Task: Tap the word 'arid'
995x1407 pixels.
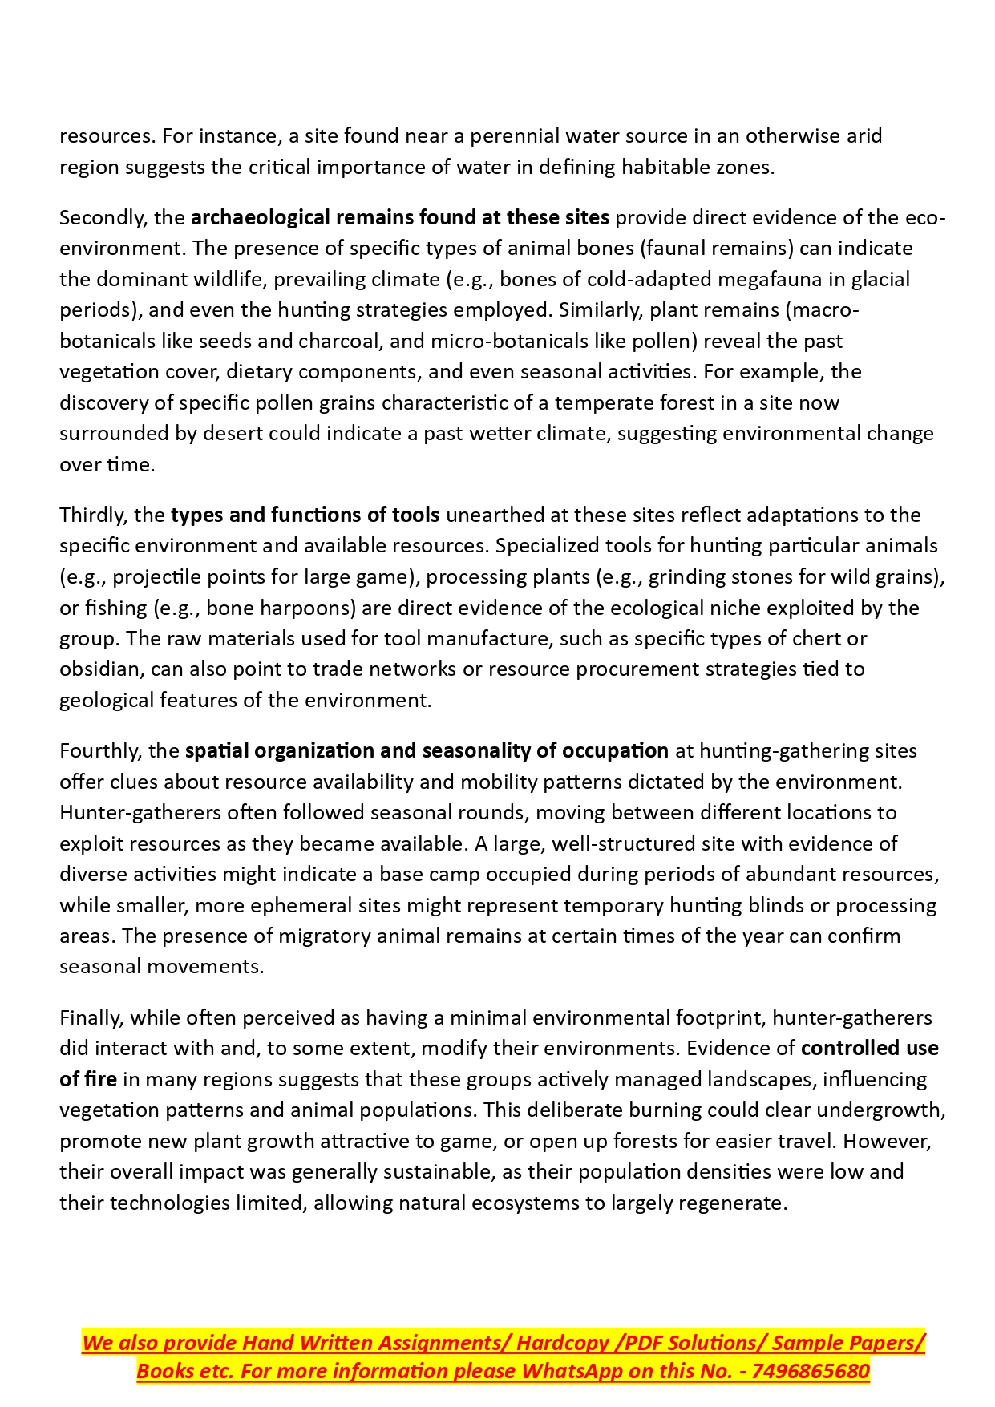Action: click(x=864, y=135)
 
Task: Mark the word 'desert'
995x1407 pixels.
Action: click(x=233, y=433)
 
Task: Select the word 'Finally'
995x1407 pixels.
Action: click(x=91, y=1017)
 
